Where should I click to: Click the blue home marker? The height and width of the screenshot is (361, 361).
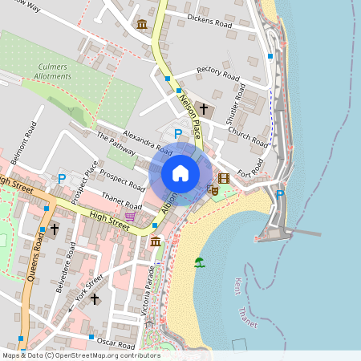click(180, 173)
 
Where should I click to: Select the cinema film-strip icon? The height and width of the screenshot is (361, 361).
click(224, 178)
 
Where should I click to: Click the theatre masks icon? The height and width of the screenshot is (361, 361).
click(213, 190)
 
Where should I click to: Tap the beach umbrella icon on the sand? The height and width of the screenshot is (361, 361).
click(198, 262)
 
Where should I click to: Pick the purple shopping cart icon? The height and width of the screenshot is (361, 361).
click(130, 217)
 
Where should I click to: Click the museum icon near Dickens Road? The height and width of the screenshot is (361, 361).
click(142, 24)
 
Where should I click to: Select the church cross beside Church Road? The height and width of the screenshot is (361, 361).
click(204, 107)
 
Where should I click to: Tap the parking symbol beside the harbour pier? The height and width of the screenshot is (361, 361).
click(280, 194)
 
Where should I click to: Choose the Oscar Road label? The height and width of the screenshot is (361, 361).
click(115, 341)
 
